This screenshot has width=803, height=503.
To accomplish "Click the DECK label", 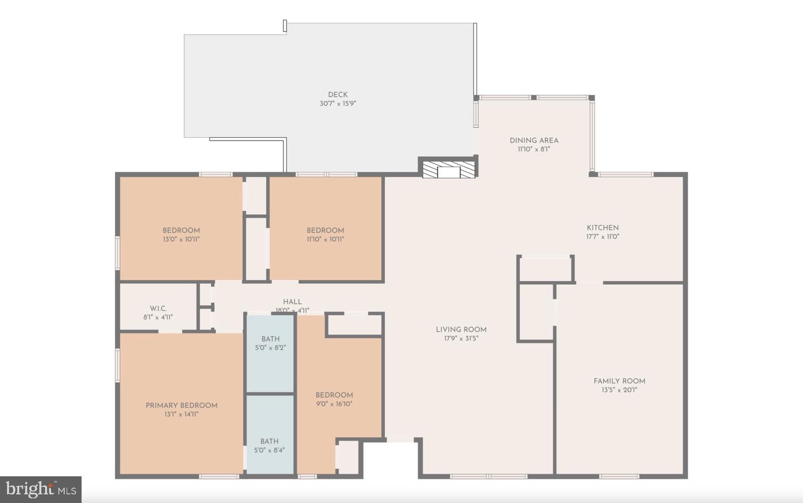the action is point(338,95).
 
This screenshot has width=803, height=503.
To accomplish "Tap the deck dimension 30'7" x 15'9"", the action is point(338,104).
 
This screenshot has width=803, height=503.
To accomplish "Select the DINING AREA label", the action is point(534,141).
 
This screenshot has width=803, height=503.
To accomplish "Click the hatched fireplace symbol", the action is point(448,170).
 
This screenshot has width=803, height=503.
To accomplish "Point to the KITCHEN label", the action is point(603,228).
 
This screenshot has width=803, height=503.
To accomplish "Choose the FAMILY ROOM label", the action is point(619,381).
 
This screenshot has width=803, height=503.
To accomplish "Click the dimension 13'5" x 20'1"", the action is point(619,390).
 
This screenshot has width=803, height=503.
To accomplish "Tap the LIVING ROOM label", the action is point(461,330).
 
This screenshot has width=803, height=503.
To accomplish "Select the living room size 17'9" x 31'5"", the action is point(461,338).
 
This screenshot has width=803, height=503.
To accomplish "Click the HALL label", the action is point(292,302).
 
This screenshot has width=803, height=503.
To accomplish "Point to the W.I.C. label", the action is point(158,308).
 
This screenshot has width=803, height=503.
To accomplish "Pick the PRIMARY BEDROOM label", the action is point(181,405).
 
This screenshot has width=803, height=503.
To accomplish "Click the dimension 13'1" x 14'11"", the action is point(181,414).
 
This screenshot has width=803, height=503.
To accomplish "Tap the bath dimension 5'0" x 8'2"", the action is point(270,348).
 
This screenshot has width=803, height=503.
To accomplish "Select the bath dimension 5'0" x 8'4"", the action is point(269,450).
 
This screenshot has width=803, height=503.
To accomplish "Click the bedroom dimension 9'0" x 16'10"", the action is point(334,404).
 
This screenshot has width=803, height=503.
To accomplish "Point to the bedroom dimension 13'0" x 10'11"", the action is point(181,239).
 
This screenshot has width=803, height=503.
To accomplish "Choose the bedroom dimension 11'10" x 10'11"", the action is point(325,239).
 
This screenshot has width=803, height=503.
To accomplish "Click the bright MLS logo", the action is point(41,490).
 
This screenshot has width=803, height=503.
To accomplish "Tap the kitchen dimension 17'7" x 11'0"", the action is point(603,236).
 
